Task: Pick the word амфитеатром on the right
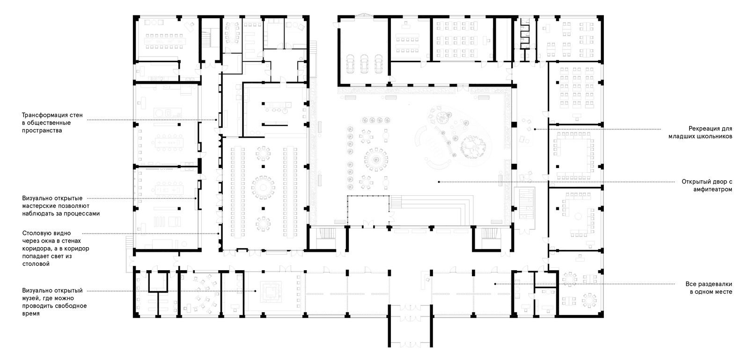(712, 190)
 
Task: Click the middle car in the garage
(364, 64)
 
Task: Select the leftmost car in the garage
(350, 64)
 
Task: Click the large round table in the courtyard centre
(376, 160)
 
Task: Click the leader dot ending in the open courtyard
(439, 182)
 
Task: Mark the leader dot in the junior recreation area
(535, 129)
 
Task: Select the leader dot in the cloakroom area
(495, 284)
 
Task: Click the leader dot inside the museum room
(255, 291)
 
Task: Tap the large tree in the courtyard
(473, 147)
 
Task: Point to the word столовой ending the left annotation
(36, 264)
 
